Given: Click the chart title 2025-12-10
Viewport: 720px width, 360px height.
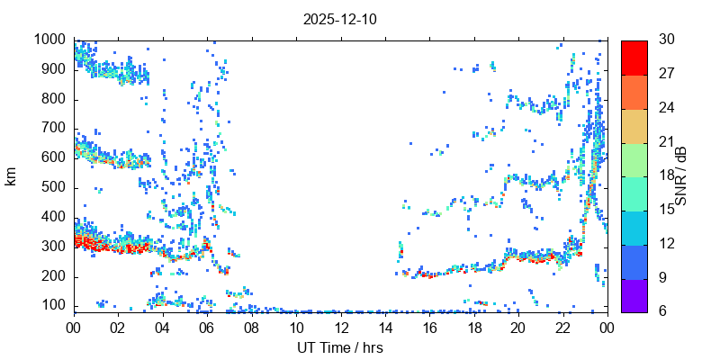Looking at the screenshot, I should pyautogui.click(x=340, y=19).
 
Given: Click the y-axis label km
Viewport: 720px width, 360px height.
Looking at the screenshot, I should pyautogui.click(x=12, y=175).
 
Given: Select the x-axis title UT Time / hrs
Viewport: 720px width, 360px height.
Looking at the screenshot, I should pyautogui.click(x=340, y=347).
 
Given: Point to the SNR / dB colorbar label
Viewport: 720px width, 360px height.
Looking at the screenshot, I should pyautogui.click(x=681, y=175).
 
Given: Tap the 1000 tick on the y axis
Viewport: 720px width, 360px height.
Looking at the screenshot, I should pyautogui.click(x=49, y=40).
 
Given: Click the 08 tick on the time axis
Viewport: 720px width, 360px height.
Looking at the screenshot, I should pyautogui.click(x=251, y=328).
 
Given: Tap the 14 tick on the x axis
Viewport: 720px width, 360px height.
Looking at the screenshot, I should pyautogui.click(x=385, y=328).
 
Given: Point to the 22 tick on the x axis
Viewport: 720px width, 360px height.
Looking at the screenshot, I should pyautogui.click(x=562, y=328).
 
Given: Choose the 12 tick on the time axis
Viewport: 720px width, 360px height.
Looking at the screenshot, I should pyautogui.click(x=340, y=328).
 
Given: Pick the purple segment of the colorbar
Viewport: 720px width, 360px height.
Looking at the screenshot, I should pyautogui.click(x=634, y=295).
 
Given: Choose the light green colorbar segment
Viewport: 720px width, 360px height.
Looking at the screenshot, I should pyautogui.click(x=634, y=159).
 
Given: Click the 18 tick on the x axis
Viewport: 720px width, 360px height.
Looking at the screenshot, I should pyautogui.click(x=473, y=328).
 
